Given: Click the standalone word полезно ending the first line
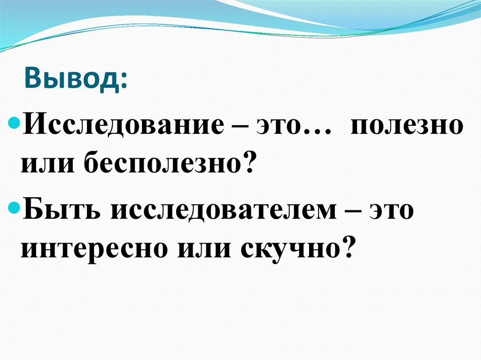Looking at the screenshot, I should [x=406, y=127].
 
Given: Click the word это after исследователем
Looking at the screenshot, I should [x=392, y=210].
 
